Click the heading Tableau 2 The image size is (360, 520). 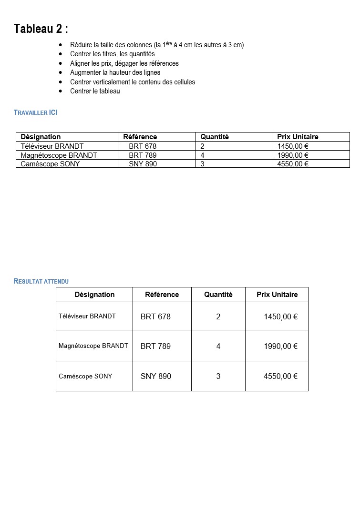pos(41,29)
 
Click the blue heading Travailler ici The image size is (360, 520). pos(36,113)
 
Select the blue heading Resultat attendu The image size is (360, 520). pos(41,281)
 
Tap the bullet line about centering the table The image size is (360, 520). pos(95,91)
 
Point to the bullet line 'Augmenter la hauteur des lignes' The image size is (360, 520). pos(115,72)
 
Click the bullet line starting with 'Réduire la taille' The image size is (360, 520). pos(157,45)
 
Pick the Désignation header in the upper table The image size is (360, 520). pos(41,137)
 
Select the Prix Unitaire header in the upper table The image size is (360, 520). pos(298,137)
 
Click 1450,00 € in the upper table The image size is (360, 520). pos(293,146)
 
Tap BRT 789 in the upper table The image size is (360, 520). pos(143,155)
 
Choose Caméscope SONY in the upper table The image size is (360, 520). pos(50,164)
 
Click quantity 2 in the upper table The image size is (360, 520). pos(203,146)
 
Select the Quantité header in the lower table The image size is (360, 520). pos(218,295)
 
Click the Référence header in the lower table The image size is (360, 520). pos(162,295)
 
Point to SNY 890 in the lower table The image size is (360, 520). pos(155,376)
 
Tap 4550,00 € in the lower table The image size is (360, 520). pos(280,376)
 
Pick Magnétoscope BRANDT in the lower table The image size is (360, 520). pos(93,346)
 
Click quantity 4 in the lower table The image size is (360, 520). pos(218,346)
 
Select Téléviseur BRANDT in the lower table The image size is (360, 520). pos(87,316)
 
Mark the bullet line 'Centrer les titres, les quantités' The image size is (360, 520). pos(113,54)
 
